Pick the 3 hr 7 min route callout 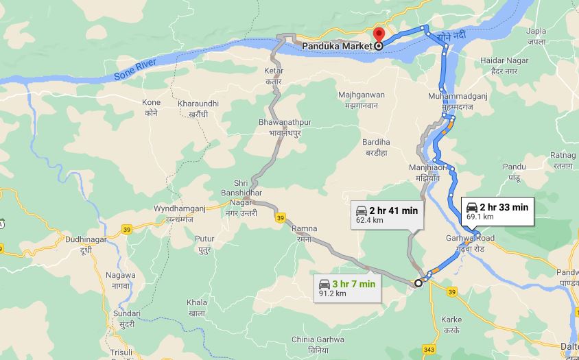(347, 288)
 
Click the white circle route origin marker (418, 283)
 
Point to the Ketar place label (274, 75)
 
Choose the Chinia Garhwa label (318, 343)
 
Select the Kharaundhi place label (198, 108)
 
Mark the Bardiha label (376, 146)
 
